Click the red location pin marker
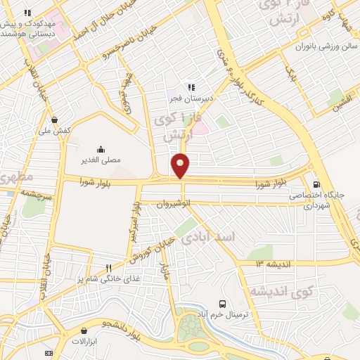(x=181, y=165)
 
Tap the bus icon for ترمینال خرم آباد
(x=223, y=304)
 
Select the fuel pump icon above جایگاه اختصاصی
(x=316, y=180)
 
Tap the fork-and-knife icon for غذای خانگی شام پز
(x=108, y=268)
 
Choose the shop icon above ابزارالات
(x=85, y=330)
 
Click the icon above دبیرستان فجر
(x=191, y=88)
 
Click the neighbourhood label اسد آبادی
(x=210, y=240)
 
